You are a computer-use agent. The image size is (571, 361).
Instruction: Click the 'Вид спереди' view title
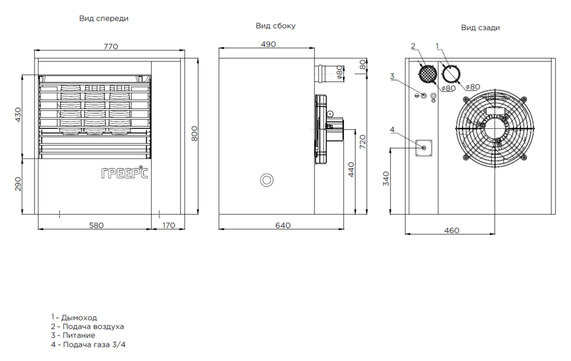pos(104,18)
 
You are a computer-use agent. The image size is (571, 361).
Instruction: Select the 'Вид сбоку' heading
pos(275,26)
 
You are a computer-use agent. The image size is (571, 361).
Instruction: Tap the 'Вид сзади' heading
pos(480,27)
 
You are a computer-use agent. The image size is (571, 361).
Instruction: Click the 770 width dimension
pos(110,47)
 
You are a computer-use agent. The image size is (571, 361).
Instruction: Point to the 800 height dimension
pos(195,133)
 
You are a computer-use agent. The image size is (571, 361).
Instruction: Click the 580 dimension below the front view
pos(96,225)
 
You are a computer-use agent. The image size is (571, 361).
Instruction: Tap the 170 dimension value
pos(168,225)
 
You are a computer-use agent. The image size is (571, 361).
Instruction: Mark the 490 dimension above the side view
pos(268,45)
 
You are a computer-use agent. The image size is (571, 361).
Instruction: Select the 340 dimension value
pos(386,179)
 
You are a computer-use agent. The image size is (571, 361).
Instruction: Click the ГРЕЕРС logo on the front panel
pos(125,174)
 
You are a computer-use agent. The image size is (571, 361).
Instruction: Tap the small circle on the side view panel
pos(267,180)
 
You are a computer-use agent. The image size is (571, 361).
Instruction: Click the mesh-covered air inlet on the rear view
pos(427,74)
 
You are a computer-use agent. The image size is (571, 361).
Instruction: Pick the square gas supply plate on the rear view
pos(424,148)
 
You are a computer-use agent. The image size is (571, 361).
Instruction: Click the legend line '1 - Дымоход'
pos(73,317)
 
